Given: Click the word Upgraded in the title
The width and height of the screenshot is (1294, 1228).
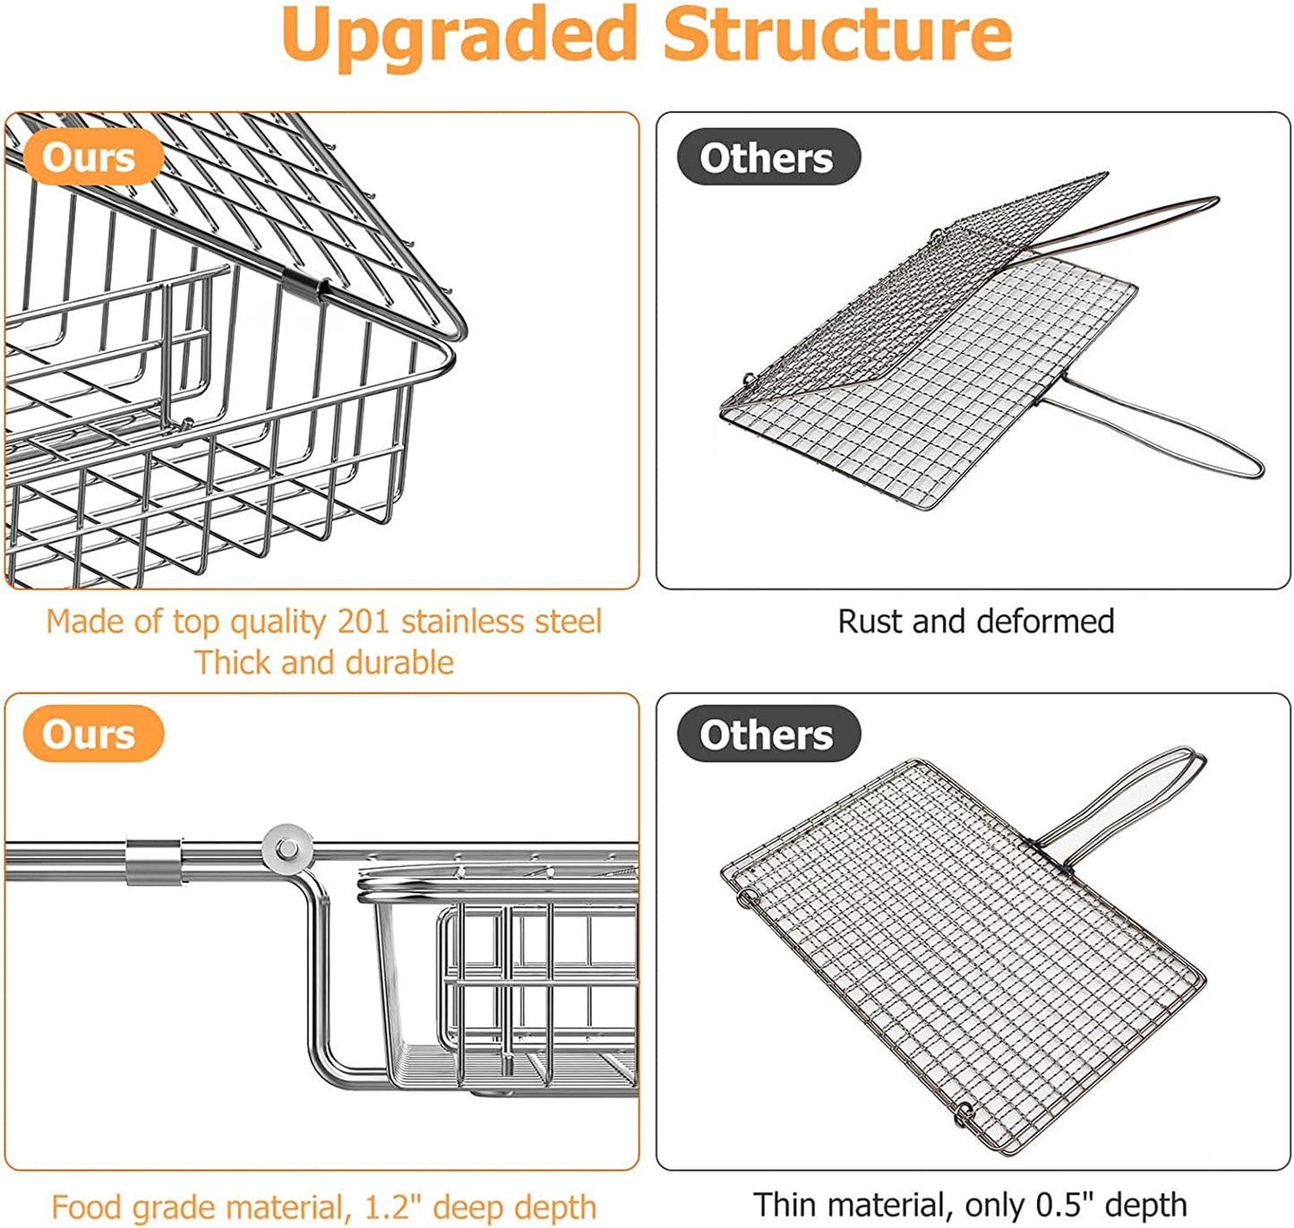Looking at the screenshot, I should tap(458, 36).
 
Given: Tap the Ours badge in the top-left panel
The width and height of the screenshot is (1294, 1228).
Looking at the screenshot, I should tap(90, 158).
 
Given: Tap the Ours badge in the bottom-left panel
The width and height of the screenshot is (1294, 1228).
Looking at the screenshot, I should tap(90, 734).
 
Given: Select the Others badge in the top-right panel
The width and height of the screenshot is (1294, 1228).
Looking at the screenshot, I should tap(767, 158).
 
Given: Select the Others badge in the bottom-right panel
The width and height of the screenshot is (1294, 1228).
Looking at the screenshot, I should tap(767, 734).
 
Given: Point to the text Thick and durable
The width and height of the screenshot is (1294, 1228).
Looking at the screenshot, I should tap(324, 662).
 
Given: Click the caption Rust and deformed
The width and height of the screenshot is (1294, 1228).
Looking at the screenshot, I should tap(975, 621).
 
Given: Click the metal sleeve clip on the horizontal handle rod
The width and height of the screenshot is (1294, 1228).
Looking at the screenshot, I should tap(153, 862).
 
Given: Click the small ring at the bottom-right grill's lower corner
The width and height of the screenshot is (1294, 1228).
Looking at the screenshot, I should tap(964, 1113).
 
